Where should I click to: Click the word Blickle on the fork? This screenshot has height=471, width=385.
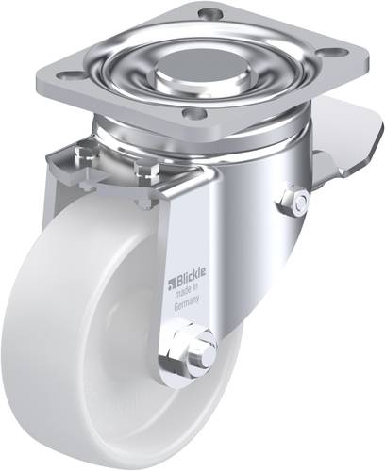(191, 276)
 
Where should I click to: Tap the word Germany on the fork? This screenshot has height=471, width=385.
(187, 302)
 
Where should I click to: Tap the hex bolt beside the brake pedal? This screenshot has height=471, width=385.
(295, 201)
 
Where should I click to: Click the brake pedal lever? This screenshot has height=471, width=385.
(346, 139)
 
